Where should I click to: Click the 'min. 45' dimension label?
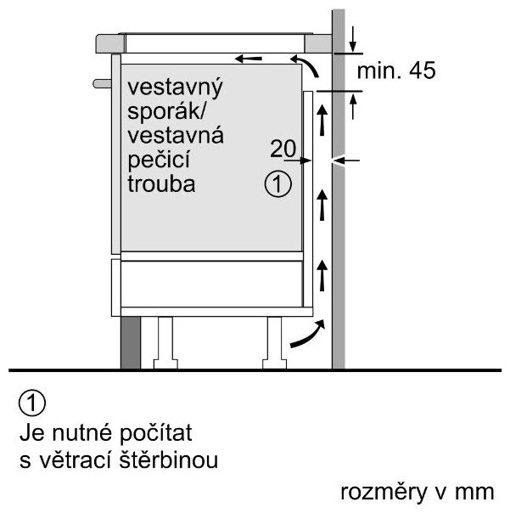(396, 70)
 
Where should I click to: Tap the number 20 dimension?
(283, 148)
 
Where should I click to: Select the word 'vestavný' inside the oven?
(175, 87)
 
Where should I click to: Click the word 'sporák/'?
(166, 111)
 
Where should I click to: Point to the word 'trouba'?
(161, 183)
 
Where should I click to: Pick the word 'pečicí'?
(159, 160)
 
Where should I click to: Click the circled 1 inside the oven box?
(277, 183)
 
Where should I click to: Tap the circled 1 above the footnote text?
(32, 403)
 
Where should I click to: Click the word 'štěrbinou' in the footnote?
(168, 459)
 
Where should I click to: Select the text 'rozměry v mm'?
(418, 492)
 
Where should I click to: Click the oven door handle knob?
(103, 83)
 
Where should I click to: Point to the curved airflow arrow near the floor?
(308, 334)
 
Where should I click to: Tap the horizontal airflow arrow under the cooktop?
(249, 59)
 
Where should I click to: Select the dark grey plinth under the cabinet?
(131, 342)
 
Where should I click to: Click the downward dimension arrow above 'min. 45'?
(353, 39)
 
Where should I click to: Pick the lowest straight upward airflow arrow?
(322, 275)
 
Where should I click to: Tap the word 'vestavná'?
(176, 136)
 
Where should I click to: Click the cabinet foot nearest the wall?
(275, 342)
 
